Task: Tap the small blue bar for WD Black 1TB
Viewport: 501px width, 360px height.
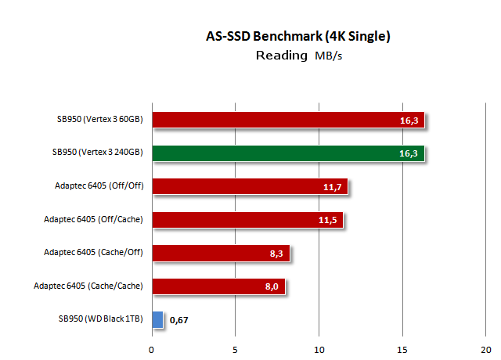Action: point(157,319)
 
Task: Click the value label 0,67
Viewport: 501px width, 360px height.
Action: point(180,320)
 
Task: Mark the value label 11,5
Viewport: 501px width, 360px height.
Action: point(327,221)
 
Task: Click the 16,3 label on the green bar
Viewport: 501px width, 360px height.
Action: point(408,154)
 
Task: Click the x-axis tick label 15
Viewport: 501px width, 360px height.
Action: point(402,349)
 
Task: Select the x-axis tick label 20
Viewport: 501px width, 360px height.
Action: point(486,349)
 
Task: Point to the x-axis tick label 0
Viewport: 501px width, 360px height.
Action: point(152,349)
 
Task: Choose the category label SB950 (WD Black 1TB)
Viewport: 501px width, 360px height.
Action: point(100,319)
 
